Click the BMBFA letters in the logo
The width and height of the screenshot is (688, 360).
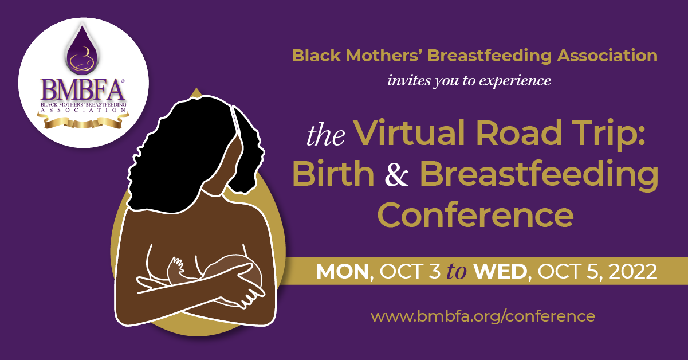tap(83, 90)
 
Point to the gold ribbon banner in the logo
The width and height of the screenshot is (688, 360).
tap(83, 122)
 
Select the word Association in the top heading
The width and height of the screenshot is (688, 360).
tap(607, 56)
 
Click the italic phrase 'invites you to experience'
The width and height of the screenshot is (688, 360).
tap(469, 81)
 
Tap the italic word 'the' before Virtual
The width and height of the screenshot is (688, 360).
tap(326, 135)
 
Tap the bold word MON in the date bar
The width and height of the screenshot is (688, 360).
tap(343, 272)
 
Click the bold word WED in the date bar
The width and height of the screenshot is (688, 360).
tap(500, 272)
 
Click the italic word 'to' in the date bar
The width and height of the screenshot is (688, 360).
tap(457, 272)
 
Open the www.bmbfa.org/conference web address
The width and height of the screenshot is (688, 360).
tap(483, 316)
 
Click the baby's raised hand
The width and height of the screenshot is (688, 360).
tap(176, 268)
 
